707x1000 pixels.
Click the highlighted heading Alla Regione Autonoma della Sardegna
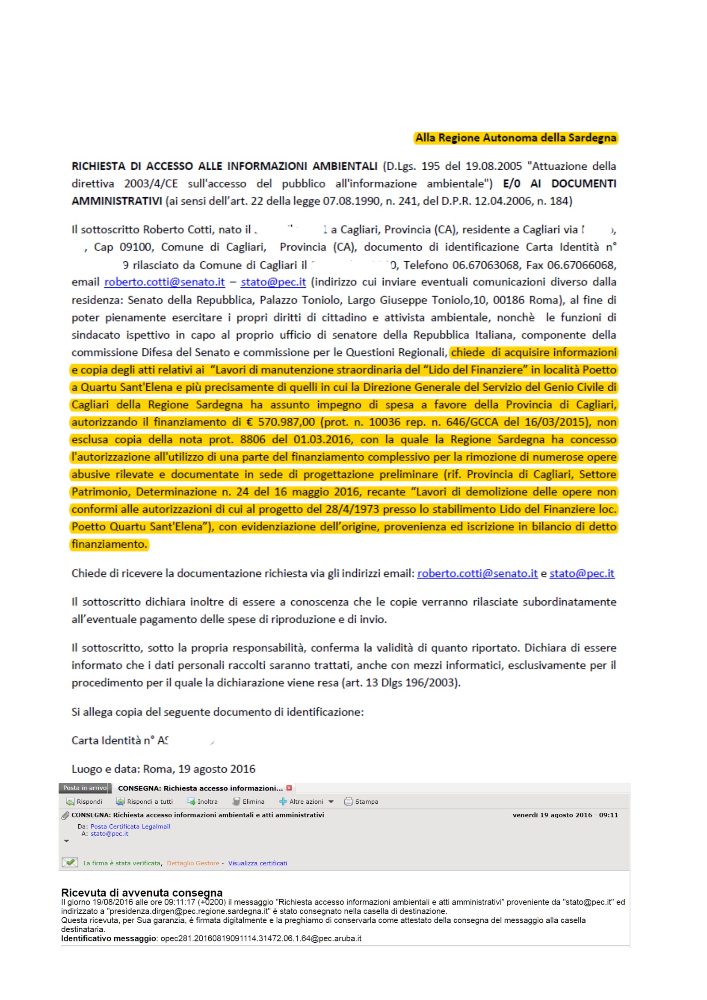[x=515, y=138]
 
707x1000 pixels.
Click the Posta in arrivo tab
[x=85, y=788]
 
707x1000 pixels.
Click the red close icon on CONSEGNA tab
[x=289, y=788]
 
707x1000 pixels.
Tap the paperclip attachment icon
[x=65, y=815]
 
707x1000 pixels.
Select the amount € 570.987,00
[x=281, y=422]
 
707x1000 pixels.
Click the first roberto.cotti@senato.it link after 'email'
[x=164, y=282]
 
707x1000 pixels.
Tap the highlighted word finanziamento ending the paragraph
[x=109, y=544]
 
